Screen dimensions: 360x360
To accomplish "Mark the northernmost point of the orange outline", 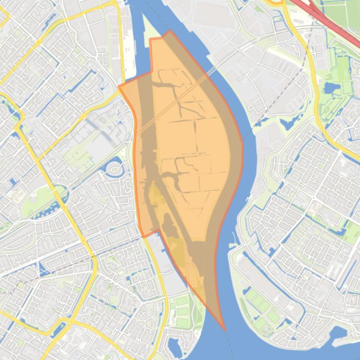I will (x=170, y=31).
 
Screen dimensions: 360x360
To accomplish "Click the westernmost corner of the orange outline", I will (x=119, y=87).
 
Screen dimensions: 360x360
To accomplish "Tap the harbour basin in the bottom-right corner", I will (x=344, y=337).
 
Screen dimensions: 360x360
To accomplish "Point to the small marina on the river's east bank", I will (x=233, y=244).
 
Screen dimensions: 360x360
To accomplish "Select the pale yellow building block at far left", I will (x=19, y=194).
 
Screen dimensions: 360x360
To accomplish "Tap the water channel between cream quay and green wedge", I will (x=137, y=37).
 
